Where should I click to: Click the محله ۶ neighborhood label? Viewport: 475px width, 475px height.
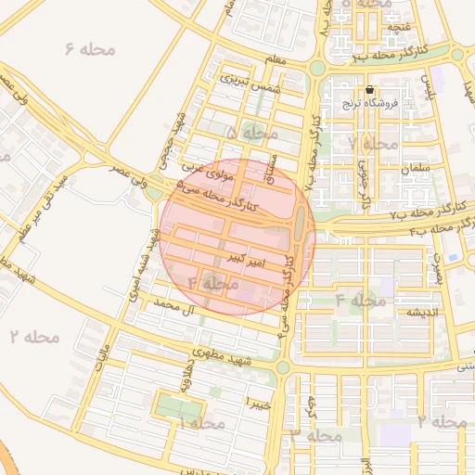click(x=90, y=47)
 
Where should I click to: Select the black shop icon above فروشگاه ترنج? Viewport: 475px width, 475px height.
click(x=370, y=90)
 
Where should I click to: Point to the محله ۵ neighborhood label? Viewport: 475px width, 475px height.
click(x=251, y=133)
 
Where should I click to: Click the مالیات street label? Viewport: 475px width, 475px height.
click(x=104, y=355)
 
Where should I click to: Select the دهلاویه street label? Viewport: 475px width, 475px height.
click(x=186, y=379)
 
